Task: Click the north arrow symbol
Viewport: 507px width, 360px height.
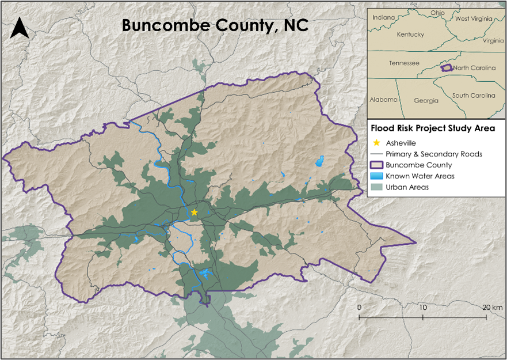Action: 20,28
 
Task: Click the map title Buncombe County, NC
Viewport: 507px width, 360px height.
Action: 215,26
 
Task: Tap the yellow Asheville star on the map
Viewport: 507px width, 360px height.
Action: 195,213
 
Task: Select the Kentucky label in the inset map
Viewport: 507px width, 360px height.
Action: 410,35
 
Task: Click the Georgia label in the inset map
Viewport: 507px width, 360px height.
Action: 426,101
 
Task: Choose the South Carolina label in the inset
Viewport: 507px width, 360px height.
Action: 474,95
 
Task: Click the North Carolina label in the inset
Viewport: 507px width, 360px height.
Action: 474,68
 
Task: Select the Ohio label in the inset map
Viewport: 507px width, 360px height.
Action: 438,13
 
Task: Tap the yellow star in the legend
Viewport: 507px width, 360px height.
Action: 376,143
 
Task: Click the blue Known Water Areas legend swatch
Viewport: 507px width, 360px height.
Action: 376,176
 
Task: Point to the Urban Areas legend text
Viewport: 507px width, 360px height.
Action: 407,187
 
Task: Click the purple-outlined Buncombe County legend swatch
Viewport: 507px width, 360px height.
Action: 376,165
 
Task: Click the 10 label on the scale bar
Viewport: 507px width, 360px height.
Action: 424,308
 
